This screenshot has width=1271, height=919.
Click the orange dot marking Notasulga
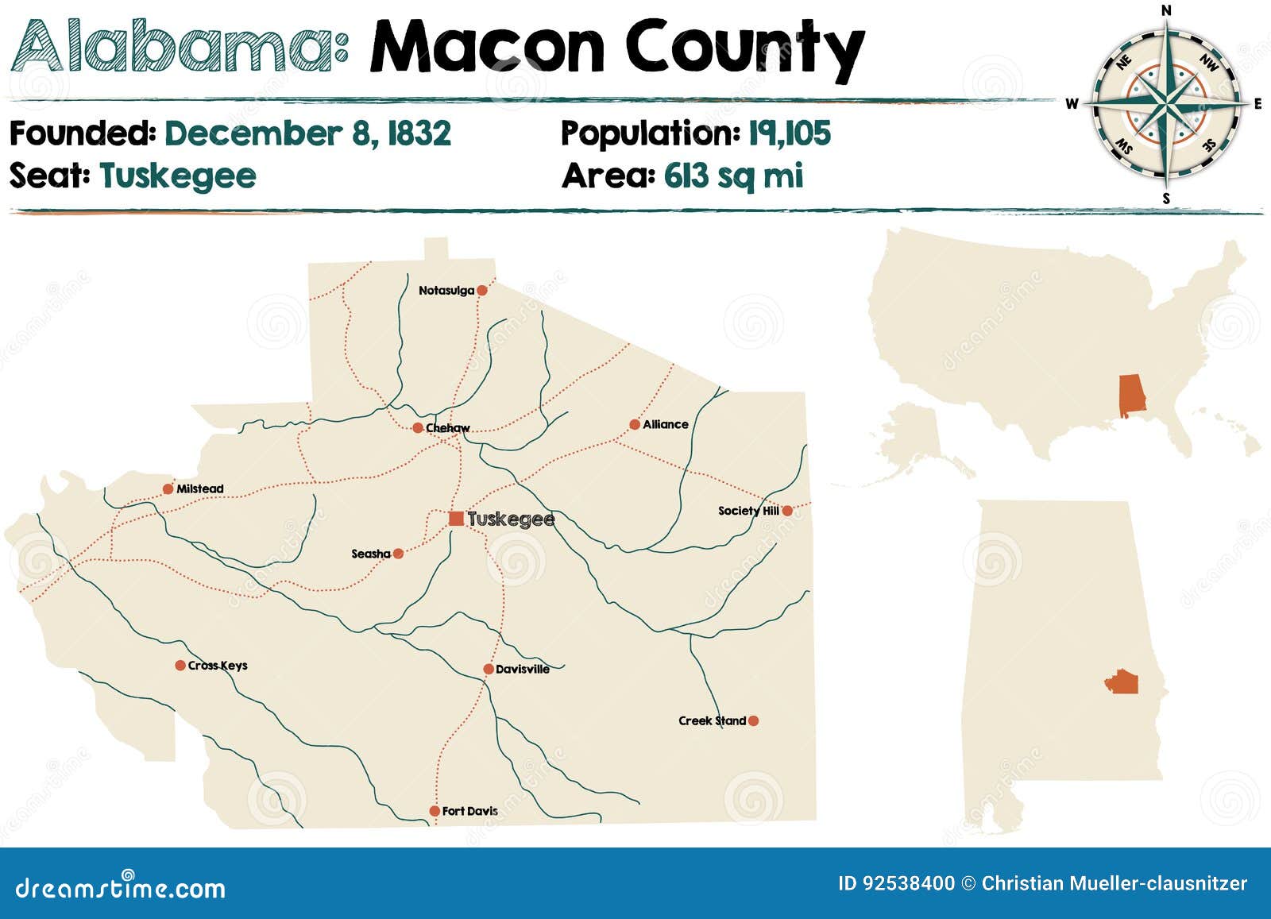click(481, 291)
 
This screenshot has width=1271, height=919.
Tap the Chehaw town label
click(448, 428)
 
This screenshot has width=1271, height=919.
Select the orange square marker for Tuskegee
click(456, 519)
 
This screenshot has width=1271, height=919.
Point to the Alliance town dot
click(635, 425)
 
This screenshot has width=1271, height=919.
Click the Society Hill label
click(748, 511)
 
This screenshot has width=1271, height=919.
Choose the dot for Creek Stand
click(753, 721)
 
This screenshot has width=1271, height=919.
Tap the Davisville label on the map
click(523, 670)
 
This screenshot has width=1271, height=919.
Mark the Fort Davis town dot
click(435, 811)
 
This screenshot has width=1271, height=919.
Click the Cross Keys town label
click(218, 666)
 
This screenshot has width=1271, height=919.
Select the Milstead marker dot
click(168, 489)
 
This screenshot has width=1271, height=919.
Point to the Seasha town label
click(371, 554)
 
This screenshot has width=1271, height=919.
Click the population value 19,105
click(790, 133)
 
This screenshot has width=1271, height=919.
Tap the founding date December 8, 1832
click(307, 133)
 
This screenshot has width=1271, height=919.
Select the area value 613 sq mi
click(733, 176)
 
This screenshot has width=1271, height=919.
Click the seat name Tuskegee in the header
click(178, 176)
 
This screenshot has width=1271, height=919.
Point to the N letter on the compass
click(1166, 10)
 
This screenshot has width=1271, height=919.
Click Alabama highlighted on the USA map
click(1131, 396)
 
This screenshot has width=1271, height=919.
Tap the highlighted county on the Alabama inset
click(1121, 682)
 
